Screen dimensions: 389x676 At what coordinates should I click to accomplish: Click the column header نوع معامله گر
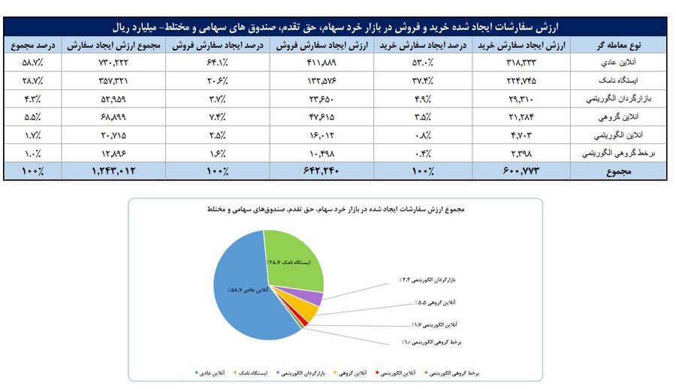[622, 46]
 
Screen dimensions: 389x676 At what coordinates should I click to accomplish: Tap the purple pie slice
[316, 299]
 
